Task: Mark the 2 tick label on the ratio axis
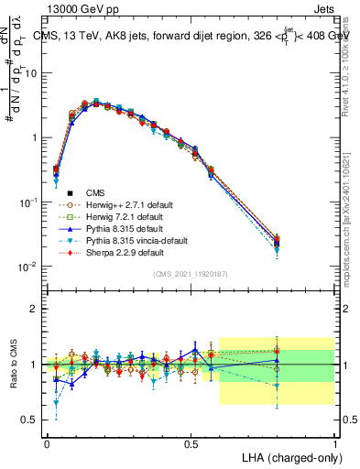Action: pyautogui.click(x=33, y=309)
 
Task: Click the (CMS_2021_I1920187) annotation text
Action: pyautogui.click(x=191, y=274)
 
